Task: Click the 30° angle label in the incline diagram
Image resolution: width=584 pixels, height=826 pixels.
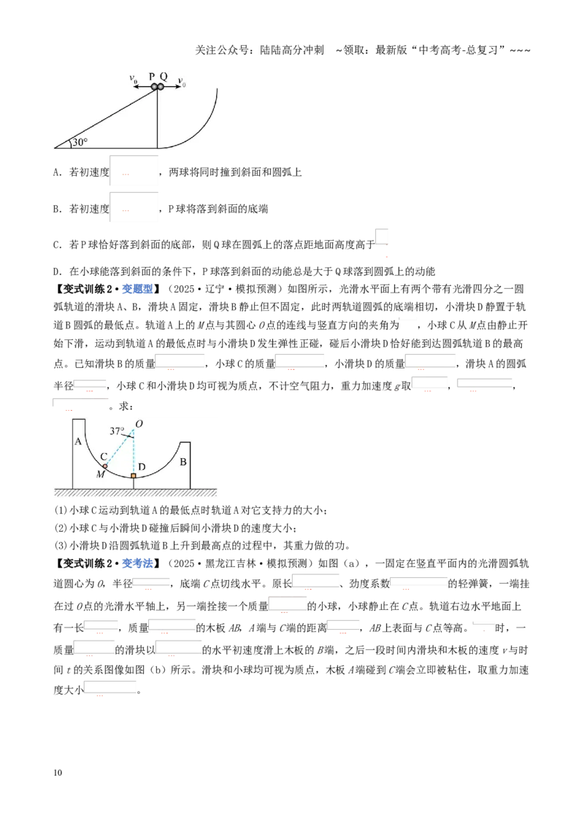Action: click(80, 142)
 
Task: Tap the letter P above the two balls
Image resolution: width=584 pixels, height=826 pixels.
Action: click(152, 77)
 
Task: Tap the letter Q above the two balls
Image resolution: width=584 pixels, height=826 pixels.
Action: click(164, 77)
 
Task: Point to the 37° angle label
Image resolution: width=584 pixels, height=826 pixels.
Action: click(117, 431)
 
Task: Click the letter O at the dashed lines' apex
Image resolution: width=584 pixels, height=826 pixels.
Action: click(139, 423)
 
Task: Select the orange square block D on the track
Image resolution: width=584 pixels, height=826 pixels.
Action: click(134, 476)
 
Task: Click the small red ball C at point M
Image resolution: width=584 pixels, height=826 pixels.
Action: click(105, 466)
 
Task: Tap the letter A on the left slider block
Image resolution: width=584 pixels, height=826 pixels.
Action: click(78, 441)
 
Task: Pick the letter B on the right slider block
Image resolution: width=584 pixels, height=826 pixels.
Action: click(183, 462)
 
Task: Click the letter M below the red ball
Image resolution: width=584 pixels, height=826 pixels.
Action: click(101, 474)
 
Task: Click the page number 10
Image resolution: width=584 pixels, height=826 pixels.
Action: click(58, 773)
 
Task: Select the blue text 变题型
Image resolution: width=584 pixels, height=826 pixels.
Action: click(137, 289)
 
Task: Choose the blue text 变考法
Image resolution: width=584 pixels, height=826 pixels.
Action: click(137, 563)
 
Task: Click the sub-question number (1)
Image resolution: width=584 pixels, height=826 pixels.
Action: click(60, 511)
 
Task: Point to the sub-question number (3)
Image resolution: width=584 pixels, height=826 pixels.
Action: click(60, 546)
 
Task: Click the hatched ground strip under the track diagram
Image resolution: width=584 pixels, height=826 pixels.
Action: click(136, 493)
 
